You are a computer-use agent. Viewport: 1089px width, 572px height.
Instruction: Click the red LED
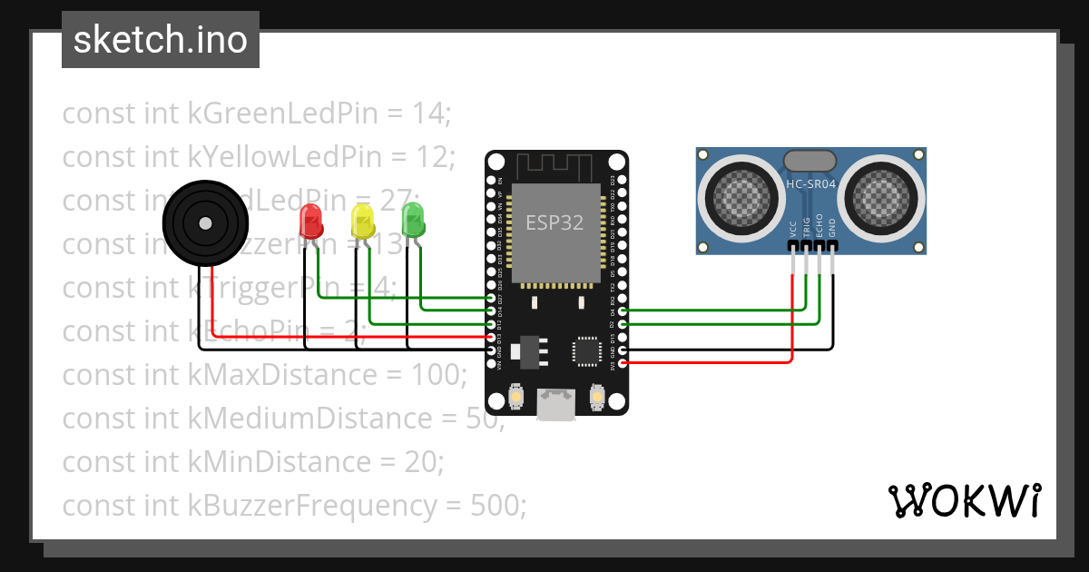[x=310, y=221]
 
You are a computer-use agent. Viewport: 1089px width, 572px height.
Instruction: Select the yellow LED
[x=362, y=221]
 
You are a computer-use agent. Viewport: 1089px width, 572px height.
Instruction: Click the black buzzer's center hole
[x=206, y=222]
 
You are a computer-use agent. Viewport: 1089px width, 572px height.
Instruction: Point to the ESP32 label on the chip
[x=555, y=222]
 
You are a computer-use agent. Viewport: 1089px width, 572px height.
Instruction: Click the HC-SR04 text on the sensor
[x=810, y=182]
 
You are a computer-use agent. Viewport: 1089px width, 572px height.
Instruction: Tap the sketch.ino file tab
[x=161, y=40]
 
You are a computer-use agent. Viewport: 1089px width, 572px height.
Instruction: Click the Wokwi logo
[x=964, y=500]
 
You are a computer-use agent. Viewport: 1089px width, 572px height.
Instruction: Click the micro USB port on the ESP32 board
[x=555, y=404]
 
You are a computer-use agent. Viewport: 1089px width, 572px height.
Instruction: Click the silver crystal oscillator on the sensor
[x=810, y=161]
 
